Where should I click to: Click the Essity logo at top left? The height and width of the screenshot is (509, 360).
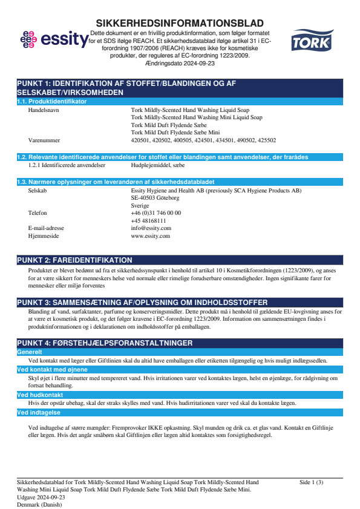tap(54, 41)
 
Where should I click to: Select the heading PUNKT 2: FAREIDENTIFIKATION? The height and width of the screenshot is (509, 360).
tap(74, 260)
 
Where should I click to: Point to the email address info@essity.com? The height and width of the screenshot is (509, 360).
tap(151, 228)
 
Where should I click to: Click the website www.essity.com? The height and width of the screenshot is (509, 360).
tap(150, 236)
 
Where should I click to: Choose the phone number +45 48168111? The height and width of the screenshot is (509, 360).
tap(148, 221)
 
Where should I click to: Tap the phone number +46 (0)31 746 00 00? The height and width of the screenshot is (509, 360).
tap(155, 213)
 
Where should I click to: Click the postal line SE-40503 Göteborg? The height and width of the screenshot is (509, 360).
tap(155, 198)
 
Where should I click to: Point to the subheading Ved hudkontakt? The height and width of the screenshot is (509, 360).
tap(38, 395)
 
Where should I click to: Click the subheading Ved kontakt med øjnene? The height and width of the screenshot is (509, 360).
tap(52, 369)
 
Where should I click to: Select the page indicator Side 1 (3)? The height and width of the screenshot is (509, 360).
tap(311, 482)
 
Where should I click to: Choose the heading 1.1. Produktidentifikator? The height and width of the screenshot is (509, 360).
tap(52, 101)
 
